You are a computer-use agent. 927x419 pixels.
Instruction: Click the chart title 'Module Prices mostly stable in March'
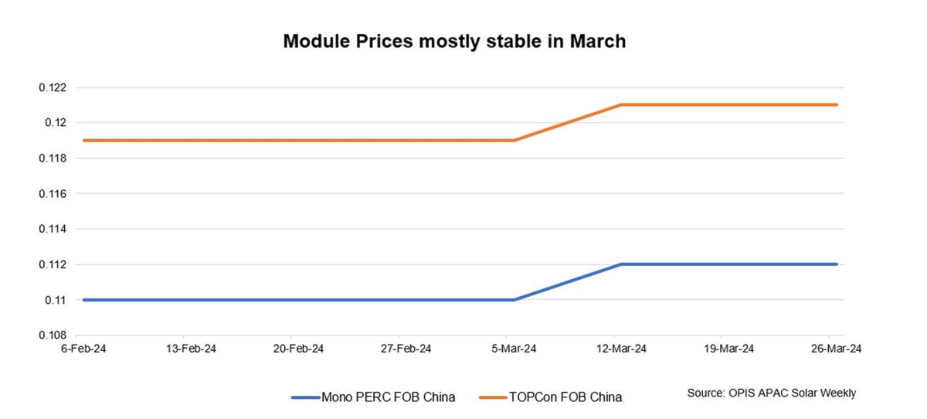(x=454, y=42)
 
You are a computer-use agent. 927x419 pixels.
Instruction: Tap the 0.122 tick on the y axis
(x=53, y=88)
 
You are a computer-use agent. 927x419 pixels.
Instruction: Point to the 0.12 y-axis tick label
(x=56, y=123)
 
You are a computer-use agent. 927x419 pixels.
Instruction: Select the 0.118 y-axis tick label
(x=53, y=158)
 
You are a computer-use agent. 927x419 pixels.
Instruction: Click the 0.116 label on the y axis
(x=53, y=194)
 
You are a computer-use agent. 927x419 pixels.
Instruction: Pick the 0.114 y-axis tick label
(x=53, y=230)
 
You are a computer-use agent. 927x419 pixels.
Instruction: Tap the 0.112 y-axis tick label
(x=53, y=265)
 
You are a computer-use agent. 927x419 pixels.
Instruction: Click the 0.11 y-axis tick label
(x=56, y=300)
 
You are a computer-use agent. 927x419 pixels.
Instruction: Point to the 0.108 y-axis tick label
(x=53, y=336)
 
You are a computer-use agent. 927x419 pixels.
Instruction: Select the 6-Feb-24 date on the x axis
(x=85, y=349)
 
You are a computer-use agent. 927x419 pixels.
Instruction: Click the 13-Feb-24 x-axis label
(x=192, y=349)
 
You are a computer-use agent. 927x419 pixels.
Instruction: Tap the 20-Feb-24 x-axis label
(x=299, y=349)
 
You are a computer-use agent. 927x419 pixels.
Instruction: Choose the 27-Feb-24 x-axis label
(x=406, y=349)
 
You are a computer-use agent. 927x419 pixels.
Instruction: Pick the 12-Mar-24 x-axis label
(x=621, y=349)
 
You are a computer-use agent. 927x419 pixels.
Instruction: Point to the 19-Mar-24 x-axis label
(x=728, y=349)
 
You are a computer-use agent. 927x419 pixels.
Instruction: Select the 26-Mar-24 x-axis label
(x=836, y=349)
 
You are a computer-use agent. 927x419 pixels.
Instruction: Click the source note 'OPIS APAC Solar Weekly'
(x=772, y=393)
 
